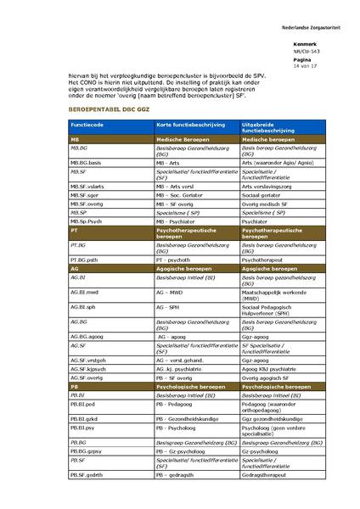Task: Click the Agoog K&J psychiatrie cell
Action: (271, 369)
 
